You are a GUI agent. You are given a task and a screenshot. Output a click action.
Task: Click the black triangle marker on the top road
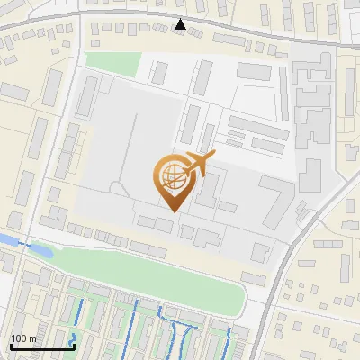[181, 24]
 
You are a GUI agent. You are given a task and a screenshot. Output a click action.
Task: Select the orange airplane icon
[201, 164]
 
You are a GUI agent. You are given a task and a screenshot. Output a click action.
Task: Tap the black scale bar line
[41, 346]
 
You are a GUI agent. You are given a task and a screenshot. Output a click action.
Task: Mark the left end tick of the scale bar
[11, 345]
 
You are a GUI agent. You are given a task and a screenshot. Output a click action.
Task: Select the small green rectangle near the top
[113, 64]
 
